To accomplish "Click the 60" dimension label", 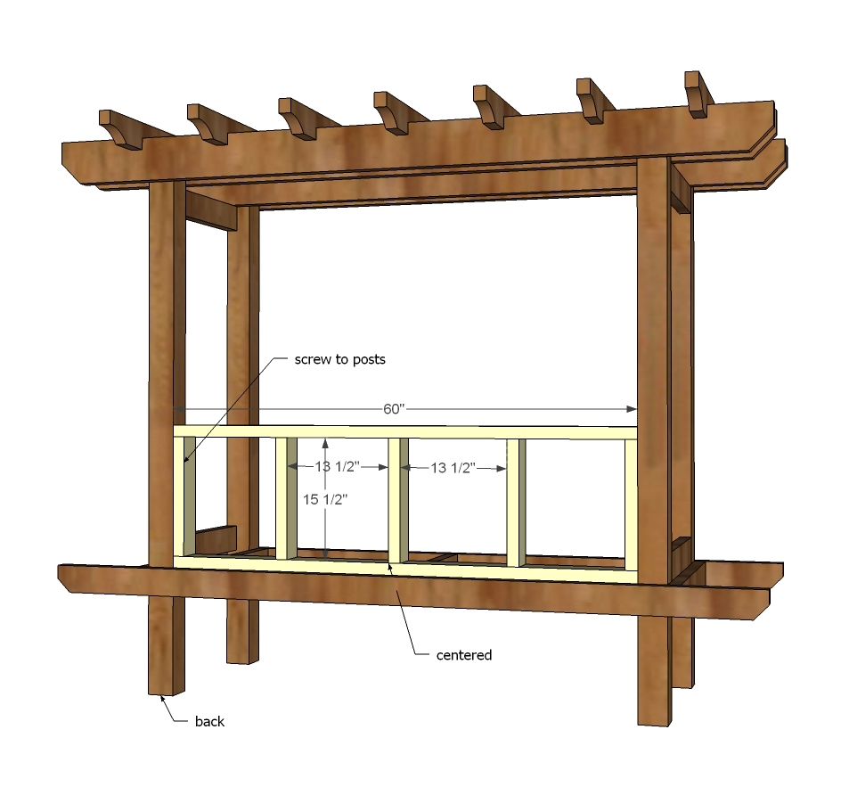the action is tap(393, 409).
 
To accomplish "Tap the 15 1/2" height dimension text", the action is tap(325, 499).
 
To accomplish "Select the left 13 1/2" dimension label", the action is tap(337, 467).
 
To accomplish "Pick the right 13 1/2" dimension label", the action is tap(453, 468).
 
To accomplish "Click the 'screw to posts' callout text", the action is tap(340, 359).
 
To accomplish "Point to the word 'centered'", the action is tap(464, 655).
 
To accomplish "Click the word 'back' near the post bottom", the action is tap(209, 722).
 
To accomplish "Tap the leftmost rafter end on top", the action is tap(119, 129).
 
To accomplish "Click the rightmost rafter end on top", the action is tap(696, 94).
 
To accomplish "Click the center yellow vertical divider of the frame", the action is tap(398, 502).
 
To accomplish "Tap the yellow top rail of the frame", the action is tap(405, 432).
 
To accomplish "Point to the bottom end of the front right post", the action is tap(654, 720).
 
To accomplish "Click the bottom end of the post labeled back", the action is tap(167, 691).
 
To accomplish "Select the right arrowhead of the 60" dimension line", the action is tap(632, 409).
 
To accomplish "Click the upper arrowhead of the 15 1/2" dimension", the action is tap(325, 444).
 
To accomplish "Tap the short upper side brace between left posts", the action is tap(211, 211).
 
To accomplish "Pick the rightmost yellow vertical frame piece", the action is tap(631, 505).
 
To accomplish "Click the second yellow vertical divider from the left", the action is tap(286, 498).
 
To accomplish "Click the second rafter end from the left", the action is tap(207, 125).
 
